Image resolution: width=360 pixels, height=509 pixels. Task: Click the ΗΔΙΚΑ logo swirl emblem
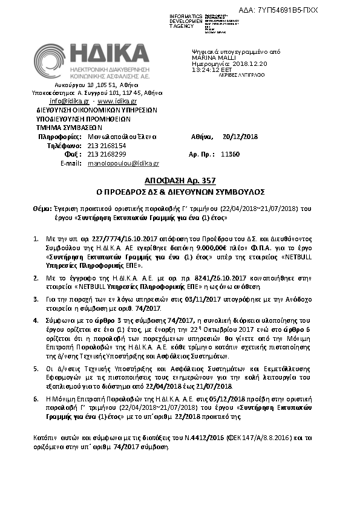52,62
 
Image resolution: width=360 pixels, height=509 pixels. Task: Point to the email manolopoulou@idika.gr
123,163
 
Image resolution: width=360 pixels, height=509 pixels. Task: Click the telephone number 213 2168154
107,146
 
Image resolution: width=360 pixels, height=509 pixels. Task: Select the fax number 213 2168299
107,154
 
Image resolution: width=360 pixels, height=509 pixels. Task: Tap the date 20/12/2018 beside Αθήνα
240,137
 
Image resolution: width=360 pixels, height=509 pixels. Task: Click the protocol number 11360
231,154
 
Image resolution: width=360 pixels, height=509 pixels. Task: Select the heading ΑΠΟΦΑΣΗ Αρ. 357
180,181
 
